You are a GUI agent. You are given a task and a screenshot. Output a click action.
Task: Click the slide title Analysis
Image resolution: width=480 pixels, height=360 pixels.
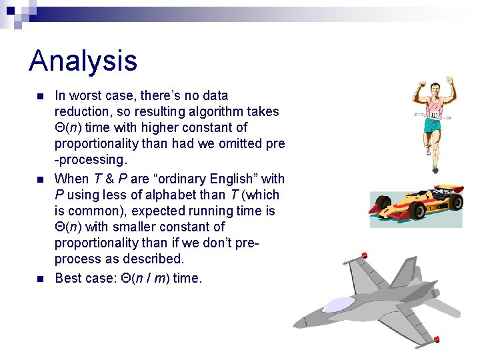[83, 61]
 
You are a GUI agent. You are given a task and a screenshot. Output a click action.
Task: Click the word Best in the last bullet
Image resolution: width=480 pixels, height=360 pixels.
[69, 277]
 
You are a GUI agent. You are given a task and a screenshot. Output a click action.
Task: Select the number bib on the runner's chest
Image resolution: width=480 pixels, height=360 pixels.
[435, 115]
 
